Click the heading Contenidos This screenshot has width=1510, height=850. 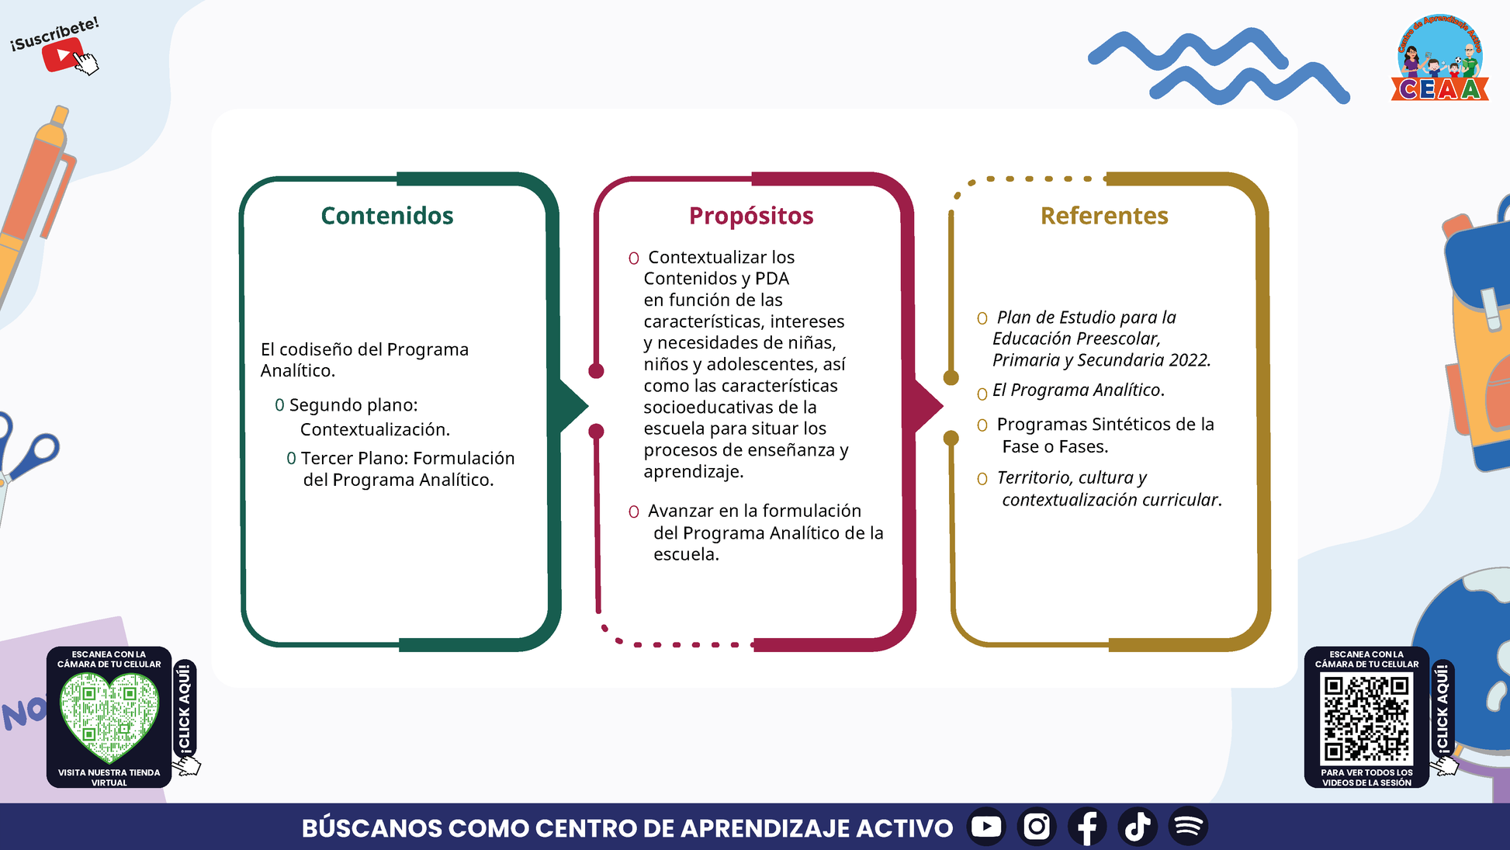(387, 216)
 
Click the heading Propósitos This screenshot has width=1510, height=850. (751, 216)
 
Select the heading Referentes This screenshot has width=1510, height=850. (1104, 216)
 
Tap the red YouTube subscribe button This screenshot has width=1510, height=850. (62, 55)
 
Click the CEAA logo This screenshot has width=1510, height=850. (1440, 58)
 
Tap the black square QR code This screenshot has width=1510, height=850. (1366, 718)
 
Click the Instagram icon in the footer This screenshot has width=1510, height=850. (1037, 826)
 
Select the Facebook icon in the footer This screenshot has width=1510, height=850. (1087, 826)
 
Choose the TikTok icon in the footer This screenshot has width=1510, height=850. (1138, 826)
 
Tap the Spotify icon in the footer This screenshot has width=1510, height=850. (1188, 826)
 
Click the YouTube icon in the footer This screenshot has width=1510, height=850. (986, 826)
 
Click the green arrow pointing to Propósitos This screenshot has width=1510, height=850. (570, 405)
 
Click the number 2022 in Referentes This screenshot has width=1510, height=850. (1190, 360)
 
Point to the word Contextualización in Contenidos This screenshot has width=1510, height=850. (375, 429)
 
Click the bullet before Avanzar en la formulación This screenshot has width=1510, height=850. (634, 512)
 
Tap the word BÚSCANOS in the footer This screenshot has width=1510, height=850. (371, 827)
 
